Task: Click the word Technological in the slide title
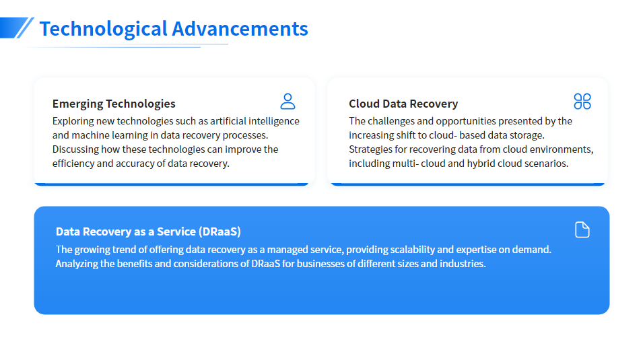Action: point(103,29)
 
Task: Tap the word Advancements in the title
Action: point(240,29)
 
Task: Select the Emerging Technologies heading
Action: point(114,104)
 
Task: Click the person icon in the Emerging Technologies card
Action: point(288,102)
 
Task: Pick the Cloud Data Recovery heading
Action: point(403,104)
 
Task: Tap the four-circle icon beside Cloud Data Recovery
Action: point(582,102)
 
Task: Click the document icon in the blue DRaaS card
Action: point(582,229)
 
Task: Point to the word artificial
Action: point(228,121)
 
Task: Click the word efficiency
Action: point(73,164)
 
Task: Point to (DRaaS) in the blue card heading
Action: point(219,231)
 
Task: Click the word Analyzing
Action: point(76,264)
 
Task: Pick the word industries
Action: point(463,264)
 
